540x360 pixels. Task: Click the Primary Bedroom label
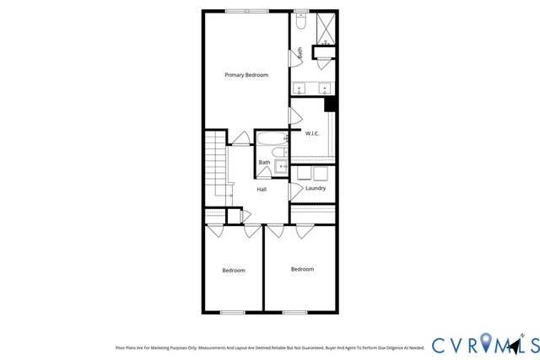(x=246, y=75)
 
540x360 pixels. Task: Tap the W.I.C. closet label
(x=311, y=133)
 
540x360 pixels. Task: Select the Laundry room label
(x=316, y=188)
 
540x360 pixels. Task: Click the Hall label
(x=262, y=189)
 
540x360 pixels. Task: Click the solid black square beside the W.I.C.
(x=331, y=104)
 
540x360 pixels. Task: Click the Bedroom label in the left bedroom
(x=234, y=271)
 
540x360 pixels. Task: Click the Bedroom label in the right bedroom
(x=302, y=269)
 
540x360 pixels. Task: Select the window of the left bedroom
(x=232, y=313)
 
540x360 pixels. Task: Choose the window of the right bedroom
(x=294, y=313)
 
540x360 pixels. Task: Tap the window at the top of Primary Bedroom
(x=247, y=10)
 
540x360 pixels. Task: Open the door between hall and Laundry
(x=294, y=192)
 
